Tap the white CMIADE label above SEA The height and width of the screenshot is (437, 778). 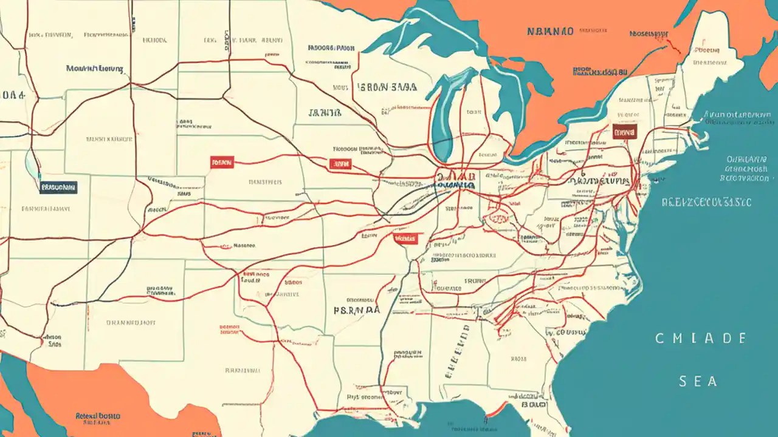pyautogui.click(x=701, y=338)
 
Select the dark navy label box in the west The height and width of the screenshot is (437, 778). pyautogui.click(x=58, y=188)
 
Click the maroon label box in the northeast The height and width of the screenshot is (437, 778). pyautogui.click(x=624, y=132)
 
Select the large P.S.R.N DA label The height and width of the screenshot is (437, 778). pyautogui.click(x=357, y=309)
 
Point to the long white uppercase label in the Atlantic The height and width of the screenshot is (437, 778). pyautogui.click(x=706, y=202)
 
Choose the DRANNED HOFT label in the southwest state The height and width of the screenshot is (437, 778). pyautogui.click(x=133, y=324)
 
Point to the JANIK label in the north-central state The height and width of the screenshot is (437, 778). pyautogui.click(x=325, y=112)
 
